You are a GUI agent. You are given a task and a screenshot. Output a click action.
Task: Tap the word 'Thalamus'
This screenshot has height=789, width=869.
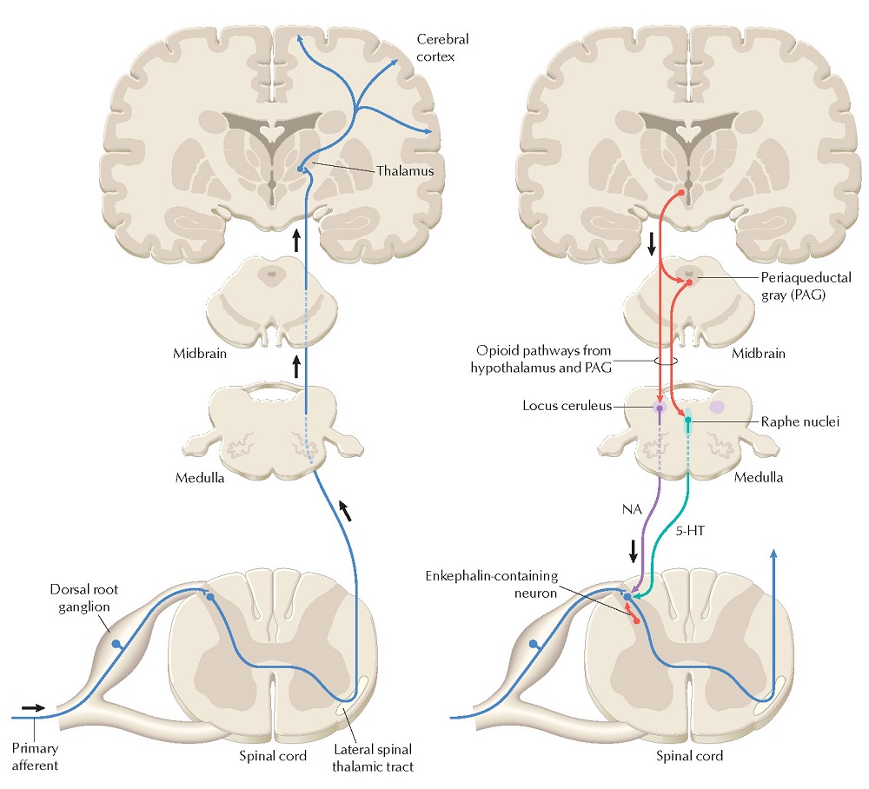pyautogui.click(x=405, y=172)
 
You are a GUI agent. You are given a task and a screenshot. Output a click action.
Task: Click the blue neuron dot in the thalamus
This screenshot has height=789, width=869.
pyautogui.click(x=301, y=169)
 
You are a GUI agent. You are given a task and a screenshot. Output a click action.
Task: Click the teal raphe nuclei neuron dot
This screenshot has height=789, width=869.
pyautogui.click(x=688, y=421)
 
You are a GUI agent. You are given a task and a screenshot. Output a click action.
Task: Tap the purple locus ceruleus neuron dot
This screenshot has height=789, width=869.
pyautogui.click(x=660, y=407)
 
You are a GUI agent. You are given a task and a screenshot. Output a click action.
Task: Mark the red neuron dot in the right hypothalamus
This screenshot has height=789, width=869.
pyautogui.click(x=680, y=192)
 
